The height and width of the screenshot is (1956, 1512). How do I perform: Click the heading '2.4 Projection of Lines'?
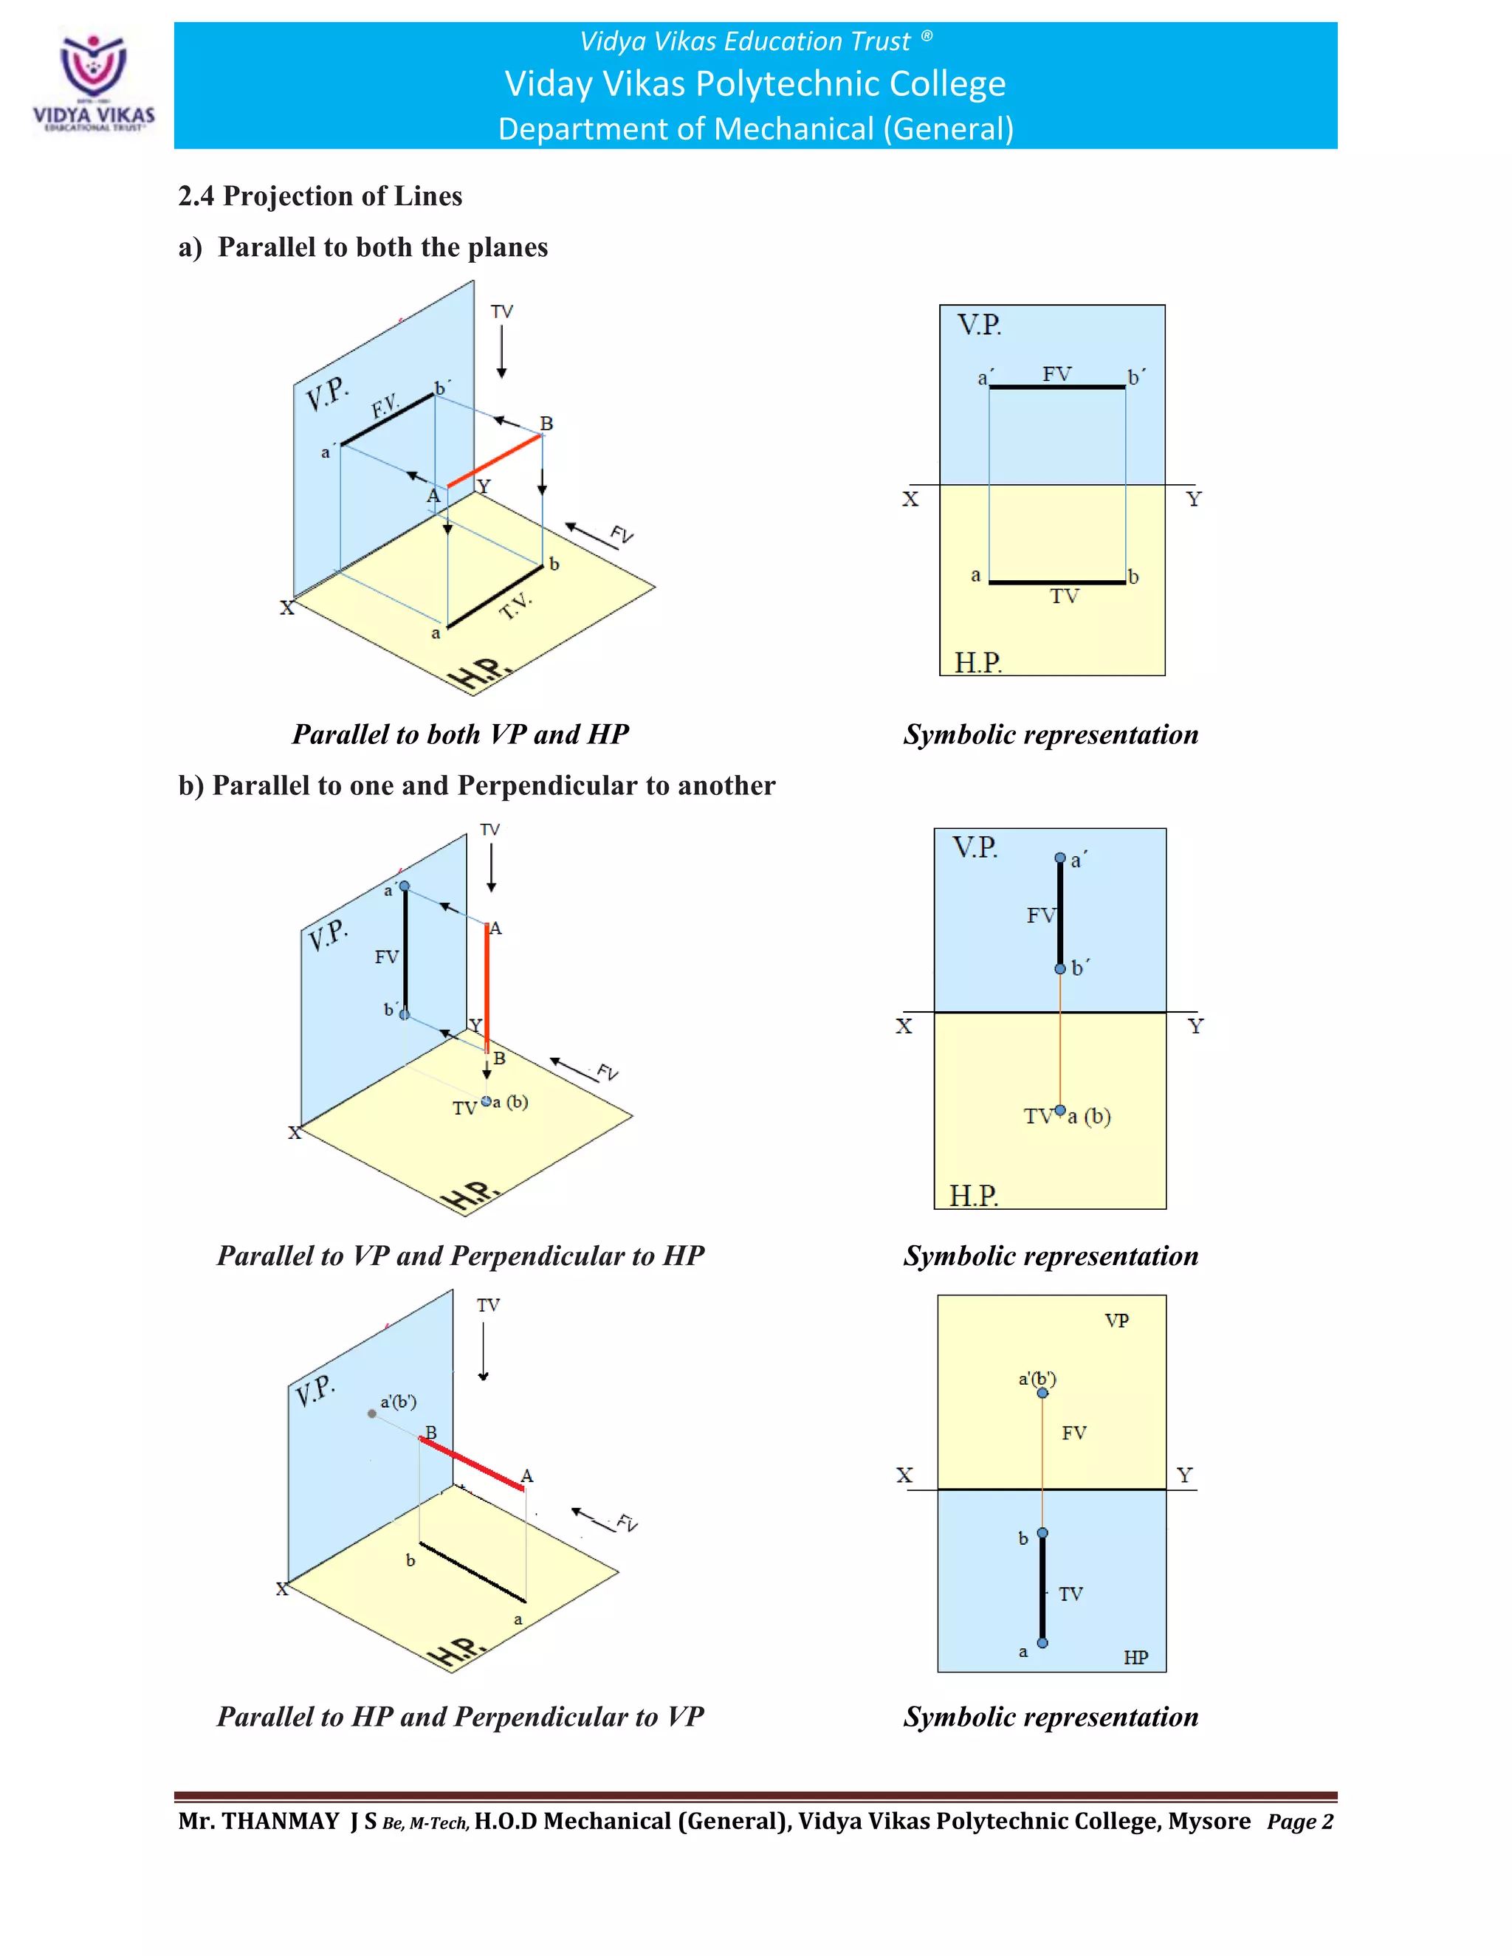click(x=320, y=196)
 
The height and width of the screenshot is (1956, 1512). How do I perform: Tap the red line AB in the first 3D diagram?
click(x=495, y=461)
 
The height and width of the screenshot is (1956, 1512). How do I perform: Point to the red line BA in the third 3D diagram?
click(x=472, y=1462)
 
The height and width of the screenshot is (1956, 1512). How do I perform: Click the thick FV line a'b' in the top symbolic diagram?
click(x=1057, y=387)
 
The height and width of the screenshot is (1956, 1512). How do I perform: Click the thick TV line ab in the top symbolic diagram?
click(x=1057, y=582)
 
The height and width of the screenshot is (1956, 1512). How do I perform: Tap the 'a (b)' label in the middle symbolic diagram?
click(x=1089, y=1116)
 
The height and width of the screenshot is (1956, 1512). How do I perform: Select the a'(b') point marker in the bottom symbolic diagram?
click(x=1042, y=1393)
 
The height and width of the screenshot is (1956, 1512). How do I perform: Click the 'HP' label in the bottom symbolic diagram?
click(x=1135, y=1657)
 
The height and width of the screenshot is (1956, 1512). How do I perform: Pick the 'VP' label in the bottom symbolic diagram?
click(x=1116, y=1321)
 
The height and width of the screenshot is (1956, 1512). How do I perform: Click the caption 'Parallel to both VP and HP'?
click(x=461, y=734)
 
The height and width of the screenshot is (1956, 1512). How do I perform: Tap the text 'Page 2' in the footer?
click(x=1299, y=1822)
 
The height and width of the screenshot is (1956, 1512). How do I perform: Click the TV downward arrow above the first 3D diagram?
click(x=501, y=351)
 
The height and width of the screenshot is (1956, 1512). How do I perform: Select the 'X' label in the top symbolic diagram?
click(x=910, y=499)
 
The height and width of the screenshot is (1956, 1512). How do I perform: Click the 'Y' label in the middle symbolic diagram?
click(x=1195, y=1027)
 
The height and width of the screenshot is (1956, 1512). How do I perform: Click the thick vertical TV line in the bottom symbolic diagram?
click(x=1042, y=1588)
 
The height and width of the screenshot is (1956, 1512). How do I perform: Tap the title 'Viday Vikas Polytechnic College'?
click(x=755, y=84)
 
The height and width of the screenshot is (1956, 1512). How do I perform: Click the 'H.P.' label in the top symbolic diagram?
click(x=977, y=663)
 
